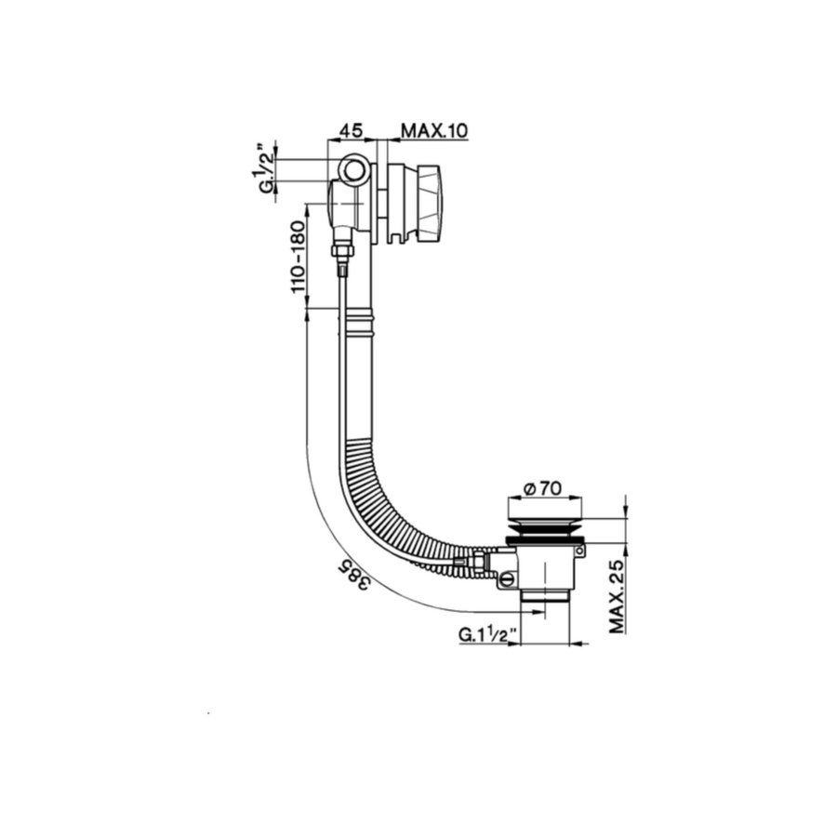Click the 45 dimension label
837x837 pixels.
pos(351,130)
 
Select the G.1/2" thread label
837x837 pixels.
pos(266,169)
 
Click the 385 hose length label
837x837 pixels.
pos(351,576)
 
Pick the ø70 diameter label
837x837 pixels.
pos(543,486)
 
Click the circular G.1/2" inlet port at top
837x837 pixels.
pos(351,170)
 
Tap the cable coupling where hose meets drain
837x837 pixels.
pos(478,561)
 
